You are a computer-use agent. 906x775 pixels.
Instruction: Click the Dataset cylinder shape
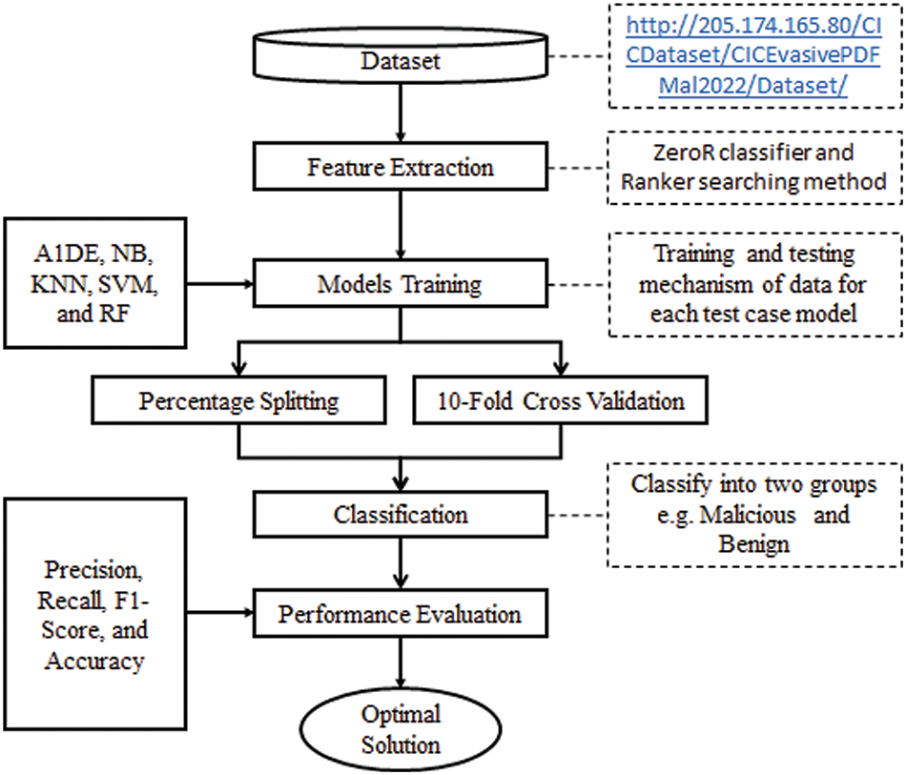[401, 61]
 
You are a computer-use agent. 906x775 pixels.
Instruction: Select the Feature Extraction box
[401, 169]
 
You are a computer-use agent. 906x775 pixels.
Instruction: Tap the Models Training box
[401, 284]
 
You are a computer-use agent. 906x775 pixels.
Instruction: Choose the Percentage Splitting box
[238, 400]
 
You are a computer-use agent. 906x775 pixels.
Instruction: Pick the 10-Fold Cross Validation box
[562, 400]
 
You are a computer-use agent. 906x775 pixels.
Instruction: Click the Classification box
[401, 516]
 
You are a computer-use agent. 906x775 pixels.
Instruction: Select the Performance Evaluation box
[401, 613]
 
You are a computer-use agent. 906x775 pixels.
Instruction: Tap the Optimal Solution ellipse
[401, 729]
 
